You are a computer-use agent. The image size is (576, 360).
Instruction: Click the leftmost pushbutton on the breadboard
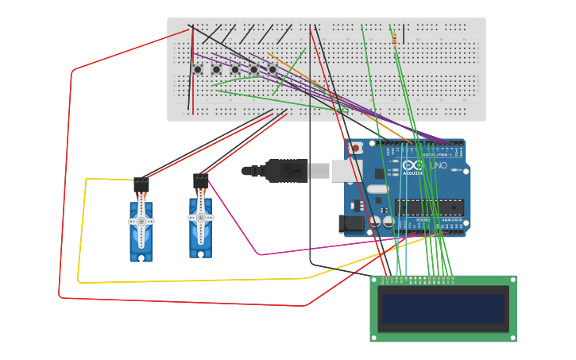[198, 70]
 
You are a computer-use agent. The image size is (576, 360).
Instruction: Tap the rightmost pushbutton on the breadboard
[272, 70]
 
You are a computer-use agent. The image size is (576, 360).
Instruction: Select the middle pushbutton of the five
[235, 70]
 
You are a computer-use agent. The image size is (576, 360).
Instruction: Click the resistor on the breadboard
[394, 37]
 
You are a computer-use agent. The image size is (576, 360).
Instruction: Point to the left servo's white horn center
[141, 222]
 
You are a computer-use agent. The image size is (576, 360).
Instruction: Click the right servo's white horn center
[200, 217]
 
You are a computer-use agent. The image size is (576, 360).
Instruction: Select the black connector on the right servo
[200, 181]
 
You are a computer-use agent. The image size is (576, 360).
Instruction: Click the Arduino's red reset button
[356, 148]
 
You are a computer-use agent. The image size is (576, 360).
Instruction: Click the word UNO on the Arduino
[438, 165]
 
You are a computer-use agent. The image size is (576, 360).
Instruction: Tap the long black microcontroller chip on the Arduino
[429, 207]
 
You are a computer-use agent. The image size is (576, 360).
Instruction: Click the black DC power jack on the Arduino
[351, 223]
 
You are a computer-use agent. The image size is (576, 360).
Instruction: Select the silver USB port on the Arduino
[346, 170]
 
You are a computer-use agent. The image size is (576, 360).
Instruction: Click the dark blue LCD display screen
[443, 308]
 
